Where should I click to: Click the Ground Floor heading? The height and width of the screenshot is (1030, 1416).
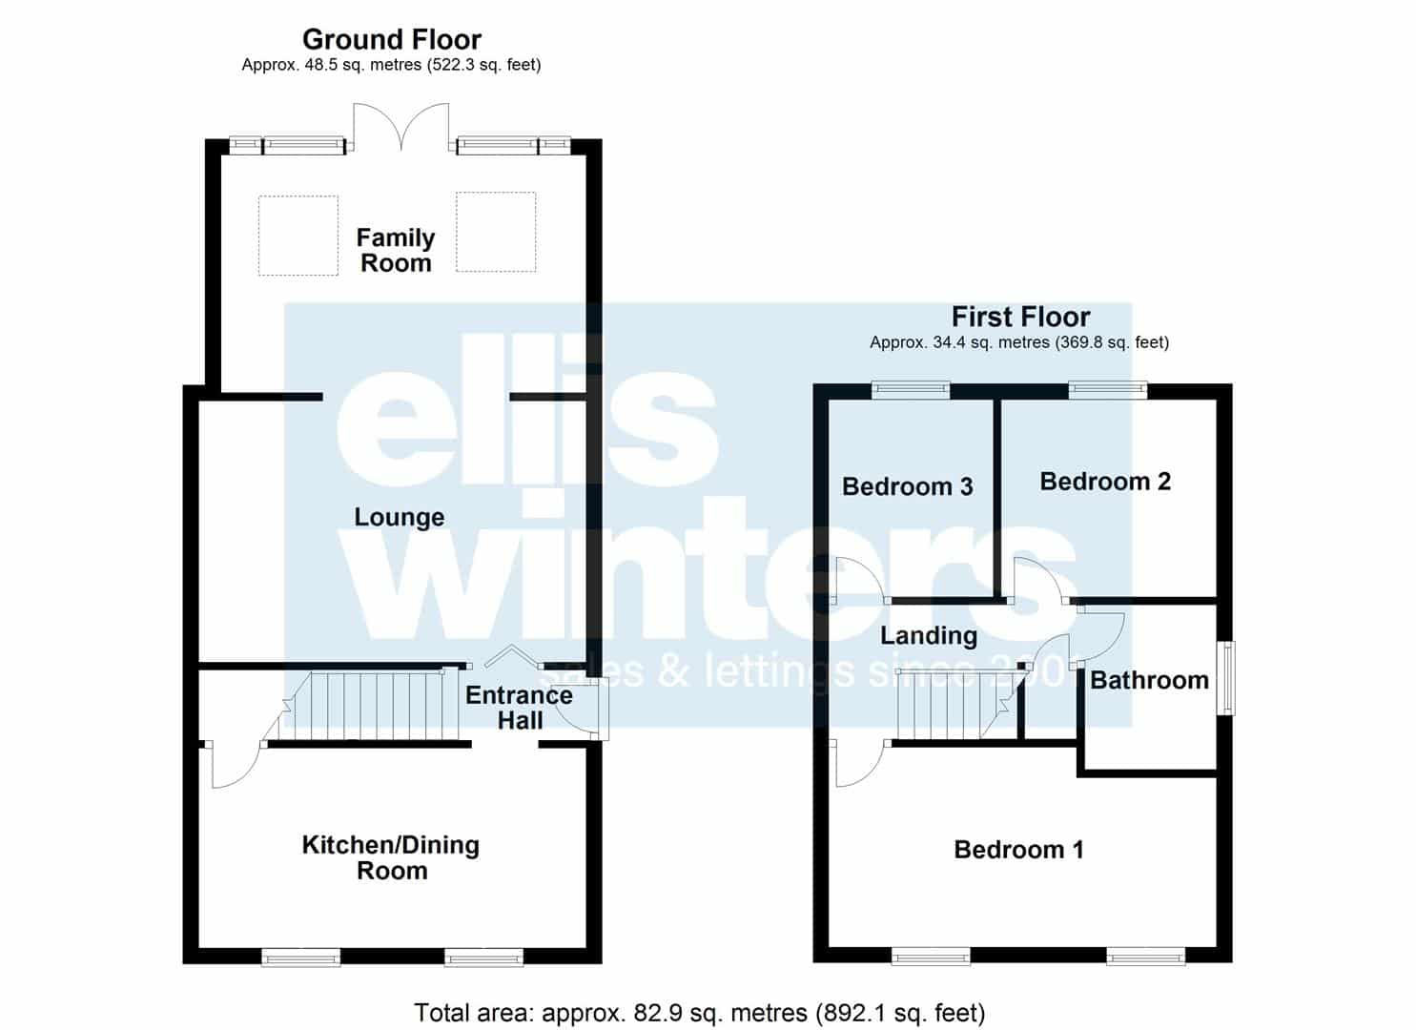click(391, 40)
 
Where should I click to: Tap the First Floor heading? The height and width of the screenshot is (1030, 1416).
click(1020, 317)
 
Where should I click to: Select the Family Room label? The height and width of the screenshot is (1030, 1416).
click(396, 251)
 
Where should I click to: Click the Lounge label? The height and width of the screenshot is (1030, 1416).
click(399, 517)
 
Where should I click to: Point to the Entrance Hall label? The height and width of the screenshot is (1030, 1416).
click(519, 708)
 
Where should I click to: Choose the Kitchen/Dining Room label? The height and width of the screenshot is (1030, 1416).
click(391, 857)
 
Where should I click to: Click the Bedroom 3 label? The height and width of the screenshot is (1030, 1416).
click(907, 486)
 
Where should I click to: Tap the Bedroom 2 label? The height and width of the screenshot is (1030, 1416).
click(1105, 482)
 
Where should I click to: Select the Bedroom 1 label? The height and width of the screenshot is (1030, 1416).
click(1019, 850)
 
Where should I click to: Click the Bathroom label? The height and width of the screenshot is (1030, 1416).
click(1149, 680)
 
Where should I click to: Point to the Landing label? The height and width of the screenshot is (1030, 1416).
click(929, 636)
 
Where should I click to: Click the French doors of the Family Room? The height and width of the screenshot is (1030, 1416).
click(400, 127)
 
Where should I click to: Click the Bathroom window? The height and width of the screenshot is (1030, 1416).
click(1227, 678)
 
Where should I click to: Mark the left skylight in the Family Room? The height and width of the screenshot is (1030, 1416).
click(298, 236)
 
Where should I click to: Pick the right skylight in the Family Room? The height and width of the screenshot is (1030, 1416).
click(496, 232)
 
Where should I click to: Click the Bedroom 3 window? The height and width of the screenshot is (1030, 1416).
click(911, 390)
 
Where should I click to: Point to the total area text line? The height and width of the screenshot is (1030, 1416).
click(699, 1013)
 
